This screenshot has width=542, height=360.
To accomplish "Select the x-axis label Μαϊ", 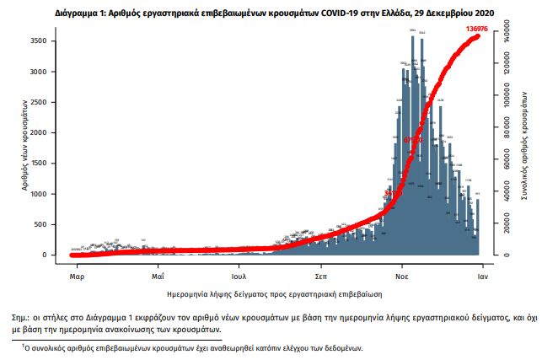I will [158, 276].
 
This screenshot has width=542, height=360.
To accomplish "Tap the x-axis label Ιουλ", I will [239, 276].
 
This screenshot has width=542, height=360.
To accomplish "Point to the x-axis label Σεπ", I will [320, 276].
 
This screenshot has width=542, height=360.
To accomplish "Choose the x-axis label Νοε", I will [403, 276].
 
